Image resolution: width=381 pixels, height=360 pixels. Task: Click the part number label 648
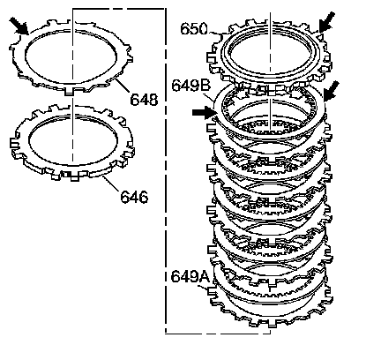click(144, 100)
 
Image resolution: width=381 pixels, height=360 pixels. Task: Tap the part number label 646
click(134, 197)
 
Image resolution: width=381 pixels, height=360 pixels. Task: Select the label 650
click(194, 29)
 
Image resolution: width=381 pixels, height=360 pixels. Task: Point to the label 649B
click(191, 86)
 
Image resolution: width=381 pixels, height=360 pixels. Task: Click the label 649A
click(190, 276)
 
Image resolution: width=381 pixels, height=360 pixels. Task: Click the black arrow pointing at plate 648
click(19, 26)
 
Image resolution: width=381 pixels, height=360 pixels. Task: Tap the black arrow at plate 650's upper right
click(326, 22)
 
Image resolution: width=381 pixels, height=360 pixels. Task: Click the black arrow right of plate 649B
click(331, 92)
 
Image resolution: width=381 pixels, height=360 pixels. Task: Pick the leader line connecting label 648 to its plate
click(123, 86)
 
